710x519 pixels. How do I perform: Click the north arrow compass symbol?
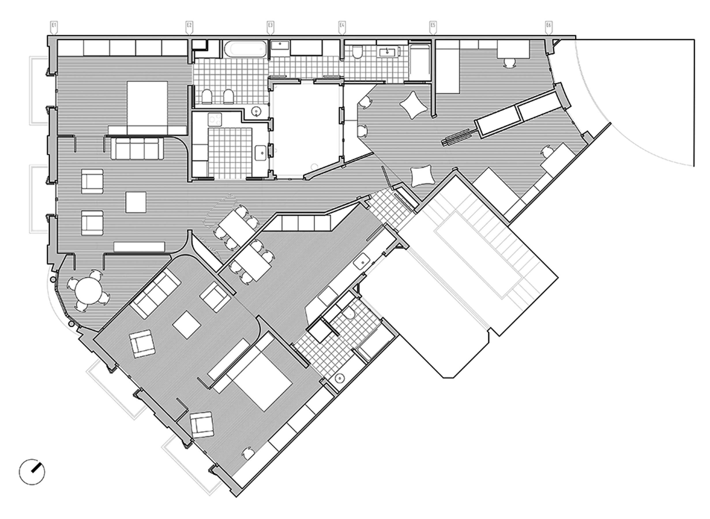pyautogui.click(x=32, y=472)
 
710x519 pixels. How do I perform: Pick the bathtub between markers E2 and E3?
pyautogui.click(x=245, y=49)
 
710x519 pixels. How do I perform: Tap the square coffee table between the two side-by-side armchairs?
pyautogui.click(x=136, y=202)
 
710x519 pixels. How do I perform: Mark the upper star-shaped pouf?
pyautogui.click(x=413, y=105)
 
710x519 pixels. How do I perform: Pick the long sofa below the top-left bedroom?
pyautogui.click(x=137, y=148)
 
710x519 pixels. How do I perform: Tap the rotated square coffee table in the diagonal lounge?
pyautogui.click(x=187, y=325)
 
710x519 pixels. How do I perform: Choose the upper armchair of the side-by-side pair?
pyautogui.click(x=92, y=181)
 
